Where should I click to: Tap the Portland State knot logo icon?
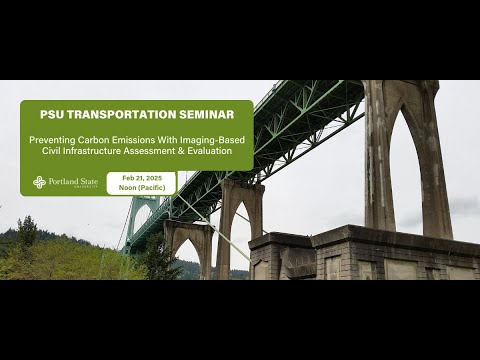(x=39, y=182)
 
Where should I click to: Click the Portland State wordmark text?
(x=74, y=181)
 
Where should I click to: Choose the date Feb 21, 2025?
(x=141, y=177)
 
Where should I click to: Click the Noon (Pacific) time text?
(x=141, y=188)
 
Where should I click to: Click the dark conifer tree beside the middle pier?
(x=160, y=258)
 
